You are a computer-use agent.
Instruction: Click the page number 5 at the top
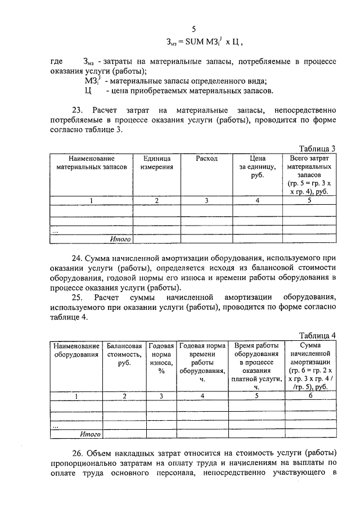(x=194, y=29)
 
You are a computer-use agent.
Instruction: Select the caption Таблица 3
(x=317, y=148)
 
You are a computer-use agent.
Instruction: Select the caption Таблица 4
(x=317, y=335)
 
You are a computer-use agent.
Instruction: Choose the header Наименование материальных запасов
(x=91, y=163)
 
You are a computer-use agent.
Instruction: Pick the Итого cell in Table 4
(x=90, y=434)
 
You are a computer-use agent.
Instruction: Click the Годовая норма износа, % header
(x=161, y=358)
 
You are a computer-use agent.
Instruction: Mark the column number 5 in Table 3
(x=309, y=200)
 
